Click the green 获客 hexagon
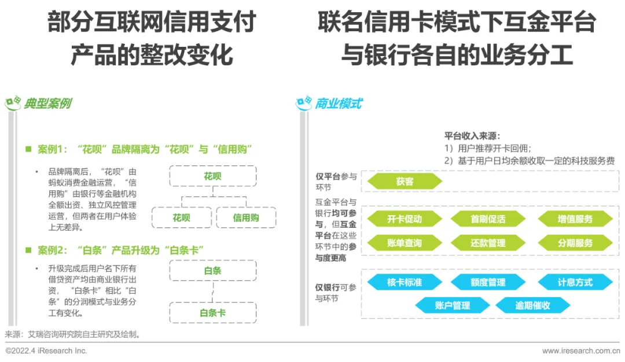click(405, 182)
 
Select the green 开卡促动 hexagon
click(405, 219)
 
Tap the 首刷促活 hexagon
click(488, 219)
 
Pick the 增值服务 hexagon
click(575, 219)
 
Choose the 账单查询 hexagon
click(405, 243)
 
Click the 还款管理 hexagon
click(488, 243)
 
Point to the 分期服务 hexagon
click(575, 243)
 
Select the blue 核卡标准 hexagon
click(405, 282)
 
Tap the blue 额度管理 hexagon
click(488, 282)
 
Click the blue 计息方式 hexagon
click(575, 282)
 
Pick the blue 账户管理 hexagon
click(453, 305)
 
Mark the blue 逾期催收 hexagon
click(532, 305)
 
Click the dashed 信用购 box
click(246, 217)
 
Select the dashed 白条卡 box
click(212, 313)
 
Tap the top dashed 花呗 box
click(212, 176)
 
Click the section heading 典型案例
click(47, 104)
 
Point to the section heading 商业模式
click(339, 104)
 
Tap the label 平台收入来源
click(472, 136)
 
